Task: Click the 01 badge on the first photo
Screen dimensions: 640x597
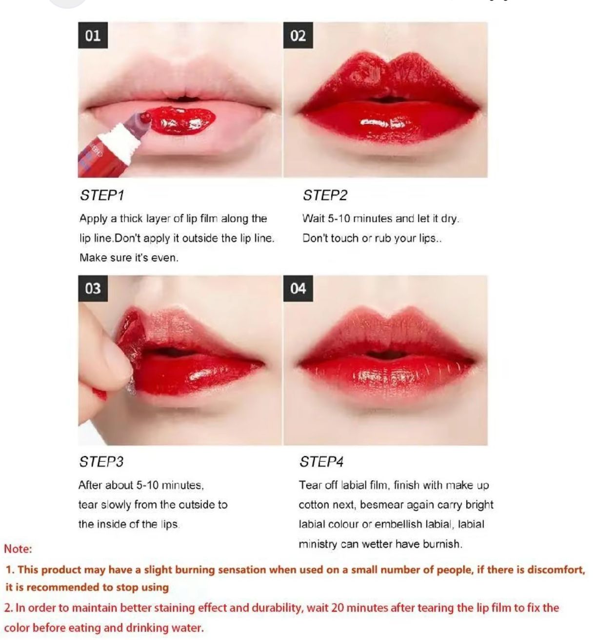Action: click(x=93, y=36)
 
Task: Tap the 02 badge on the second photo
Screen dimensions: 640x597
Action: click(x=298, y=36)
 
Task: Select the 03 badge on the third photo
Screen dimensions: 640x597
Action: click(x=93, y=288)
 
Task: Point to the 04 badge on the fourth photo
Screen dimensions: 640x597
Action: click(x=298, y=288)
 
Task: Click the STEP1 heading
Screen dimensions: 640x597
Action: click(x=102, y=196)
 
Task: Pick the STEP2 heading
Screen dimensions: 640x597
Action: click(x=325, y=196)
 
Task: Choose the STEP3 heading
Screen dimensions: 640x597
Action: click(x=101, y=461)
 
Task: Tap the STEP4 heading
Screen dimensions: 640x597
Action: click(x=321, y=461)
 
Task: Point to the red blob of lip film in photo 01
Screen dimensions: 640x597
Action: click(x=183, y=120)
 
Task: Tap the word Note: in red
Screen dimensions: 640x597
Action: click(x=18, y=549)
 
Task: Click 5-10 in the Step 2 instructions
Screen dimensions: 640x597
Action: click(x=338, y=219)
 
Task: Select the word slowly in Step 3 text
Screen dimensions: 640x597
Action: click(x=116, y=505)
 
